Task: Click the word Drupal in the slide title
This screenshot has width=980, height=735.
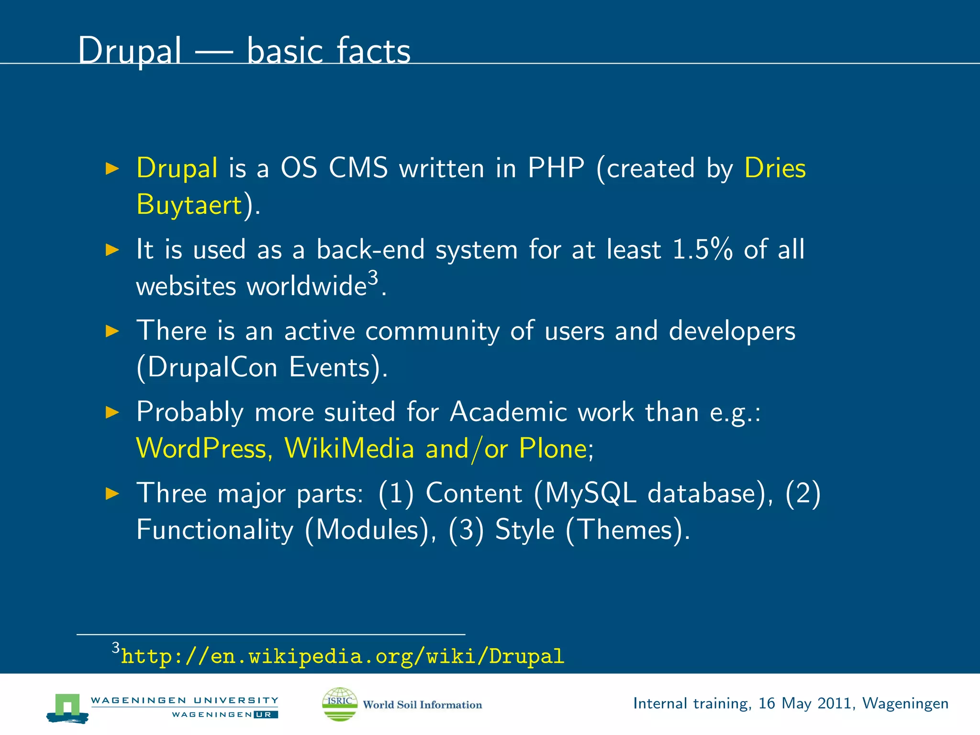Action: pyautogui.click(x=130, y=51)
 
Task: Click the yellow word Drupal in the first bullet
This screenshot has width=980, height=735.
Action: pyautogui.click(x=177, y=168)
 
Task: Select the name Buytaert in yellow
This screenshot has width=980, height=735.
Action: pyautogui.click(x=189, y=205)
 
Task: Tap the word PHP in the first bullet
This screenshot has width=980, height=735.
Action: pyautogui.click(x=556, y=168)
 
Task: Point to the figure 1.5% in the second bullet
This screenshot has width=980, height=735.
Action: pyautogui.click(x=702, y=250)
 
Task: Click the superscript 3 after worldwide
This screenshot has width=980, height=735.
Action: pyautogui.click(x=373, y=278)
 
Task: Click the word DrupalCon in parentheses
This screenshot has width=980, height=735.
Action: pyautogui.click(x=212, y=367)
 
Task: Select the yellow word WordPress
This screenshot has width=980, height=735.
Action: pyautogui.click(x=201, y=449)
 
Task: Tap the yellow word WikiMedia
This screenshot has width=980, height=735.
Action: pyautogui.click(x=349, y=449)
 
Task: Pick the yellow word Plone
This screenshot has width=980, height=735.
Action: pyautogui.click(x=553, y=449)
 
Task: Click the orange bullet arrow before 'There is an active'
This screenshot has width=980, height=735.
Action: pyautogui.click(x=112, y=331)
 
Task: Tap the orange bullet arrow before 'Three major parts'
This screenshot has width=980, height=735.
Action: pyautogui.click(x=112, y=493)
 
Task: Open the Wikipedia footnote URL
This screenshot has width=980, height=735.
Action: pyautogui.click(x=343, y=657)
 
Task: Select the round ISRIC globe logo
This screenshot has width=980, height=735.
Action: pyautogui.click(x=340, y=704)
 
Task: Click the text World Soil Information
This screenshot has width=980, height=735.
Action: pyautogui.click(x=422, y=704)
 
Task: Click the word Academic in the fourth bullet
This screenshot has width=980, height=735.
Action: pyautogui.click(x=508, y=412)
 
